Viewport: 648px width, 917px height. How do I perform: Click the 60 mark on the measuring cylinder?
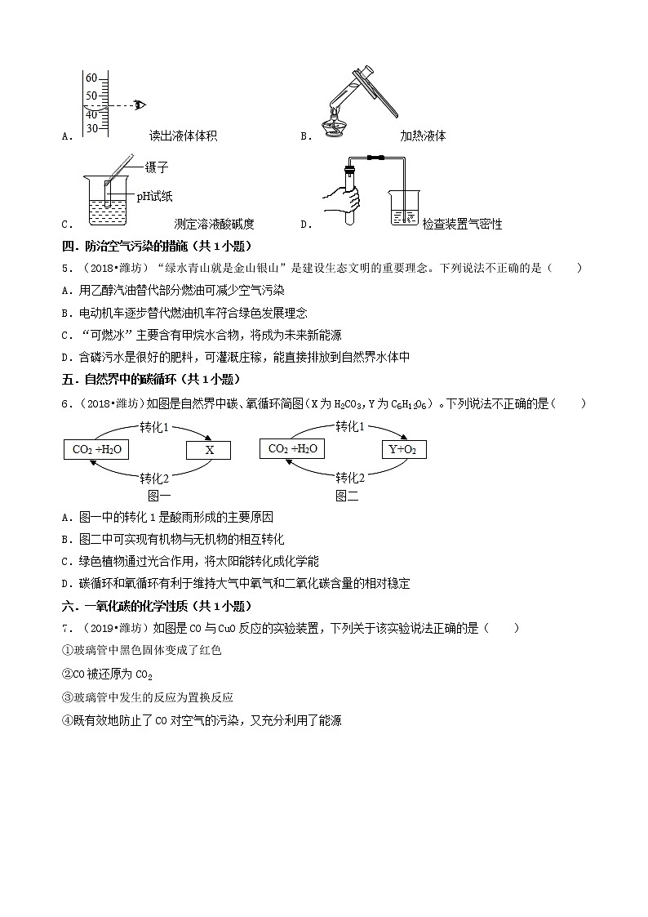pos(91,78)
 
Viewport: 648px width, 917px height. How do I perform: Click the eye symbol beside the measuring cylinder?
pos(140,105)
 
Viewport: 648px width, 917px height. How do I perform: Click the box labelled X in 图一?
pos(209,450)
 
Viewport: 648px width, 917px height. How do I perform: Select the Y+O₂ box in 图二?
pos(404,449)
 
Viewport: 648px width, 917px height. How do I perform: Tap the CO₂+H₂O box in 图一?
pos(96,450)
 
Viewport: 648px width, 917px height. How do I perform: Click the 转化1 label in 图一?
pos(154,427)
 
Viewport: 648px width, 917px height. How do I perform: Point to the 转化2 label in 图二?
pos(350,478)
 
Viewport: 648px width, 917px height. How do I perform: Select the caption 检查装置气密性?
pos(462,224)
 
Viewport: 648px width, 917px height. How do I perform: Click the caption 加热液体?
pos(423,136)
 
